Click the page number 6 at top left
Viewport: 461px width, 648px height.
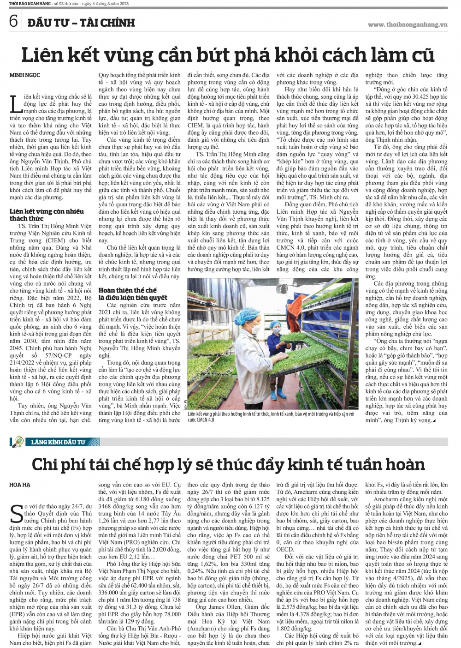click(12, 21)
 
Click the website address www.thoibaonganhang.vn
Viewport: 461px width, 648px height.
click(408, 25)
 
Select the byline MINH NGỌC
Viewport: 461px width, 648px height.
click(24, 75)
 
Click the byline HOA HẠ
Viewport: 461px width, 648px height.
click(19, 485)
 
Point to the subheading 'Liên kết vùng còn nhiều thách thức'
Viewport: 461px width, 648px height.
click(47, 215)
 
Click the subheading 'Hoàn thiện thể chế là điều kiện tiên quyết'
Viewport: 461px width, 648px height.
click(133, 294)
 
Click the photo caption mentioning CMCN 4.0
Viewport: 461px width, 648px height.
click(272, 417)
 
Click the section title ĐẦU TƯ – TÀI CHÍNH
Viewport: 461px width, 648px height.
click(81, 22)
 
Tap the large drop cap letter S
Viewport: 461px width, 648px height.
click(16, 515)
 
